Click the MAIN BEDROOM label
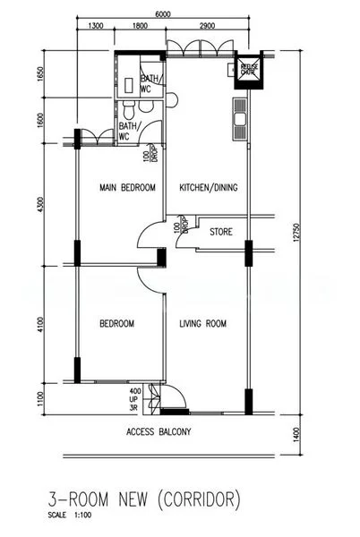point(127,188)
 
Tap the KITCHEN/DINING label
point(209,188)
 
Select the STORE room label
point(221,232)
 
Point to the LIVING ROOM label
point(202,323)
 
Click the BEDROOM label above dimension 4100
point(116,323)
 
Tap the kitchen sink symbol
point(239,117)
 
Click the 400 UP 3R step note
point(135,397)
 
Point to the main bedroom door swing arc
point(143,237)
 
